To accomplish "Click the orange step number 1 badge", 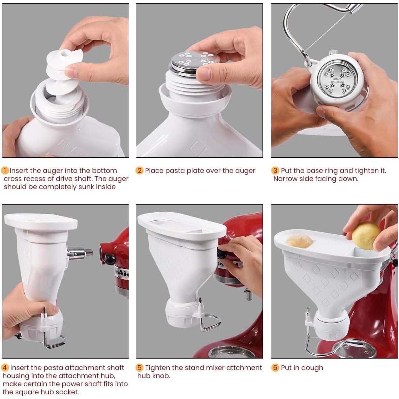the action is point(5,171).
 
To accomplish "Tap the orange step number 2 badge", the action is point(140,171).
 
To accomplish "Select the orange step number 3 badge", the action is point(275,171).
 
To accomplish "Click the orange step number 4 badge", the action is point(5,368).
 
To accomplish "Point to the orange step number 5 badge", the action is point(140,368).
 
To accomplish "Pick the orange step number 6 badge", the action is point(275,368).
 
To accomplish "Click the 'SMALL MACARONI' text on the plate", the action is point(337,80).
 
